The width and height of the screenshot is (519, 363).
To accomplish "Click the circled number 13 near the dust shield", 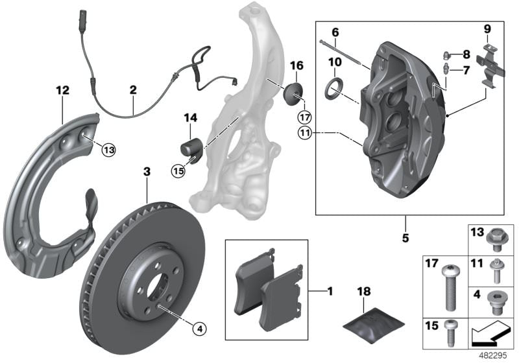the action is coord(109,150).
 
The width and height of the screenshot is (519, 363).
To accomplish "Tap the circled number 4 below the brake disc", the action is coord(199,329).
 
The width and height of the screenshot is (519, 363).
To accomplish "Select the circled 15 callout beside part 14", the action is coord(178,171).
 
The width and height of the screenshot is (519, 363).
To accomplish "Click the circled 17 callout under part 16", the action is coord(305,117).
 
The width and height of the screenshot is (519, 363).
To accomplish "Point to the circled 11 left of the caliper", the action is coord(305,133).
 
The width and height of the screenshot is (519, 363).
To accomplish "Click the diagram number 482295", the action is coord(493,356).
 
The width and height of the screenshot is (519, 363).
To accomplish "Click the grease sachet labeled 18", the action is coord(374,322).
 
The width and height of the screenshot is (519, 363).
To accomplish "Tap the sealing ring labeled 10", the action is coord(334,88).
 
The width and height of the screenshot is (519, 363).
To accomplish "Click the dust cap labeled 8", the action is coord(447,55).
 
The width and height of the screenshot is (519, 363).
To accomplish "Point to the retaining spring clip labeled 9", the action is coord(489,66).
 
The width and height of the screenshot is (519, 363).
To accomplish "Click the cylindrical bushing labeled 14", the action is coord(192,147).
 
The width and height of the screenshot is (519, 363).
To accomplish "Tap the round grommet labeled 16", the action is coord(294,94).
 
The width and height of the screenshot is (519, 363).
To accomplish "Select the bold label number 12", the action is coord(63,90).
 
